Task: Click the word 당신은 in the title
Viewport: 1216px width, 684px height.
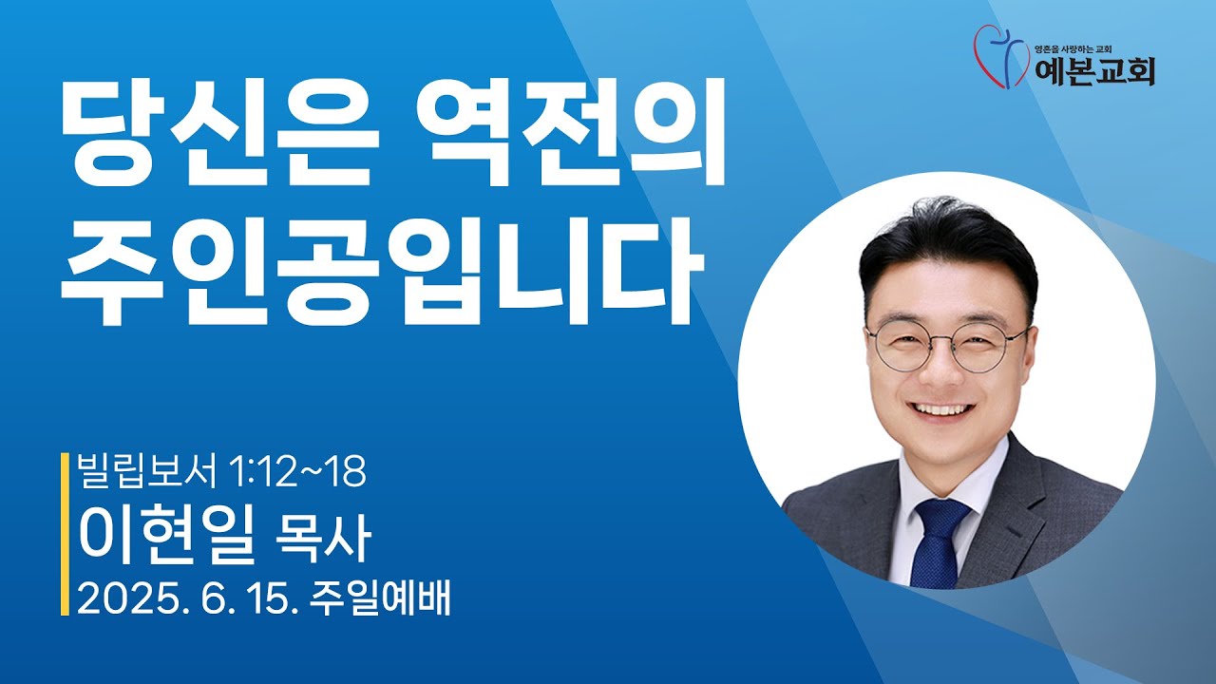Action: [218, 134]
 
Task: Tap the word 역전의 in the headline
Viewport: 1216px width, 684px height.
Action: [571, 134]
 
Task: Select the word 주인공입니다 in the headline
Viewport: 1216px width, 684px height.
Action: [382, 272]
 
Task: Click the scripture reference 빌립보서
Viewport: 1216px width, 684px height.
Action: [147, 470]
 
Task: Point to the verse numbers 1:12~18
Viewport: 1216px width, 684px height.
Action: [298, 471]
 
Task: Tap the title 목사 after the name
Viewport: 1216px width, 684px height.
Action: [323, 538]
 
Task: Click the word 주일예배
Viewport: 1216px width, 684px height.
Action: [380, 598]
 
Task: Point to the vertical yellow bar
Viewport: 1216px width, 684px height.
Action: [65, 534]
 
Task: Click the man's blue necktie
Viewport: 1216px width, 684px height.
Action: [938, 542]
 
